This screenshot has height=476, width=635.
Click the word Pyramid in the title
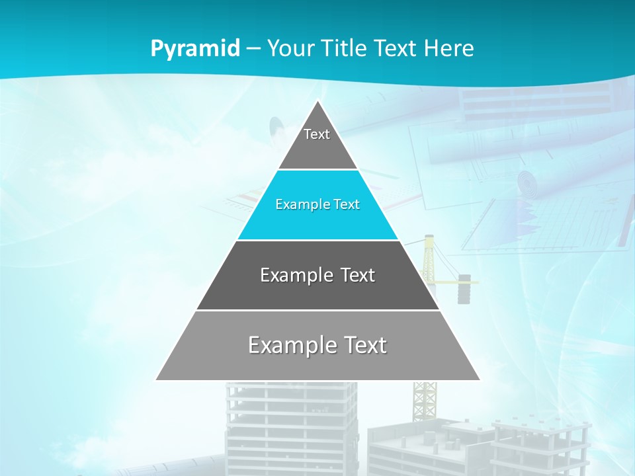tap(195, 49)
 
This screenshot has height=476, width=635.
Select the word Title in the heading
tap(343, 48)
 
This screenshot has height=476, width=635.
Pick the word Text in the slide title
tap(396, 48)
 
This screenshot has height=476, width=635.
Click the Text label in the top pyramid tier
tap(317, 134)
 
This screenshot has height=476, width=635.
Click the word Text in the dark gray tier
tap(357, 275)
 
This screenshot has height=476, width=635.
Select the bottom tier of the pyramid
tap(317, 364)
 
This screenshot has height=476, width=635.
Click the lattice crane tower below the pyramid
tap(425, 400)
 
